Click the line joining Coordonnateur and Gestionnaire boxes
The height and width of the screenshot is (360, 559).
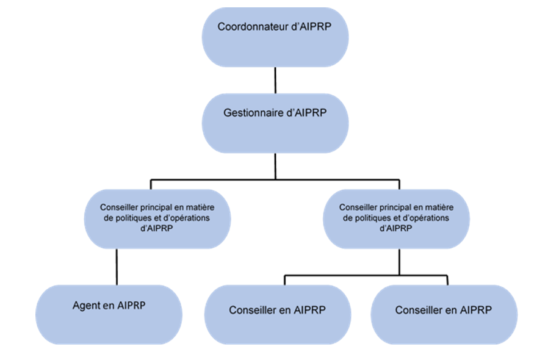coord(275,80)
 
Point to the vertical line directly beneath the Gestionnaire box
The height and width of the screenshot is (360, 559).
coord(275,166)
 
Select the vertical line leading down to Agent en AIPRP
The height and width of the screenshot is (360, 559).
coord(117,267)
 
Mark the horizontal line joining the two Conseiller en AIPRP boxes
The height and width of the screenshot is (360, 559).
coord(366,276)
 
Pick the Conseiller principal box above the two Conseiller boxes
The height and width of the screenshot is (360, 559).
coord(396,218)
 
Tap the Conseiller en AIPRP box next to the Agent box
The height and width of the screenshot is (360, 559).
coord(277,315)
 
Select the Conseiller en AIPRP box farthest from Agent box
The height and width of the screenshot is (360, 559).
coord(444,315)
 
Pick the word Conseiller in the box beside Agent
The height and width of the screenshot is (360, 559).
coord(251,310)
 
